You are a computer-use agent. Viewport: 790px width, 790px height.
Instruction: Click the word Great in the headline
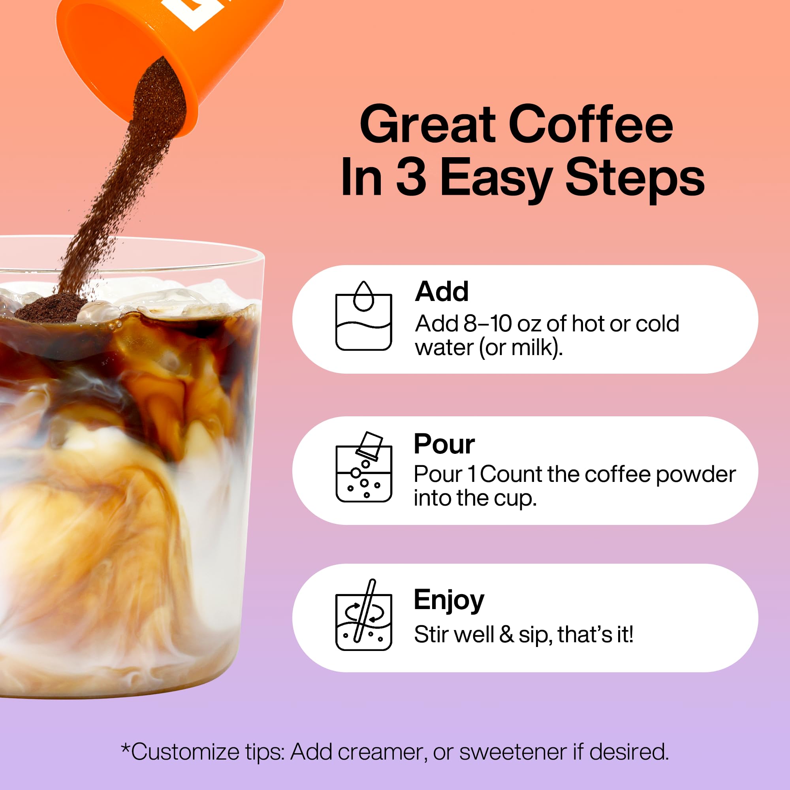click(x=428, y=124)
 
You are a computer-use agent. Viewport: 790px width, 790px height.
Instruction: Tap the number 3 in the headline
click(x=411, y=178)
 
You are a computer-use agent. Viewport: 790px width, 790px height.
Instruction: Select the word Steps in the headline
click(x=635, y=178)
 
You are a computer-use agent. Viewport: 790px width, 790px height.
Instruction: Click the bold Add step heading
click(x=442, y=292)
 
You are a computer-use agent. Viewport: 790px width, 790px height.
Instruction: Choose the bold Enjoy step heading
click(x=449, y=600)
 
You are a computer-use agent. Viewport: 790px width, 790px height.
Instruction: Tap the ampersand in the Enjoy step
click(x=506, y=634)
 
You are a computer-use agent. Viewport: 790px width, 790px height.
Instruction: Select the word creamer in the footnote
click(x=382, y=752)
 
